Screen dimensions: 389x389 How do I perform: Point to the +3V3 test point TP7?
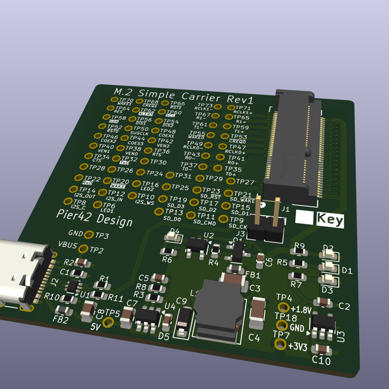(x=280, y=344)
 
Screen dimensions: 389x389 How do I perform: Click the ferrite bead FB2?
(x=64, y=310)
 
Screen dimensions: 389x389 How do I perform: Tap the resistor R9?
(x=299, y=253)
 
